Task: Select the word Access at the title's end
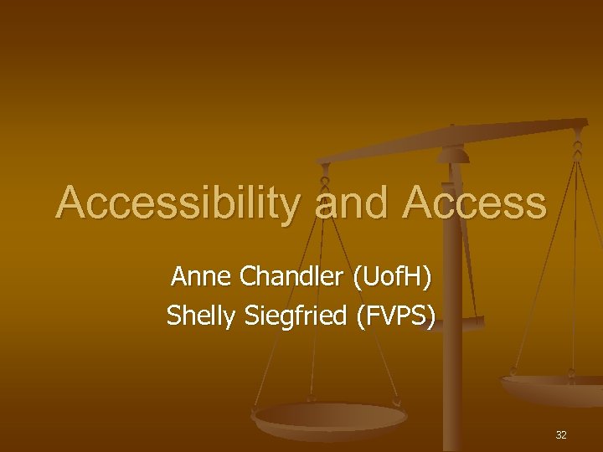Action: (x=475, y=203)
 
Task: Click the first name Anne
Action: (x=199, y=275)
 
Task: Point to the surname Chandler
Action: (x=290, y=275)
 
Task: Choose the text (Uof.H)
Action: (x=393, y=275)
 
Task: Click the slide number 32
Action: (x=560, y=435)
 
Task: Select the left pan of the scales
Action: (x=330, y=418)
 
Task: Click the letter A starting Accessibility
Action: (x=70, y=203)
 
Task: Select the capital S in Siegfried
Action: (x=248, y=316)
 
